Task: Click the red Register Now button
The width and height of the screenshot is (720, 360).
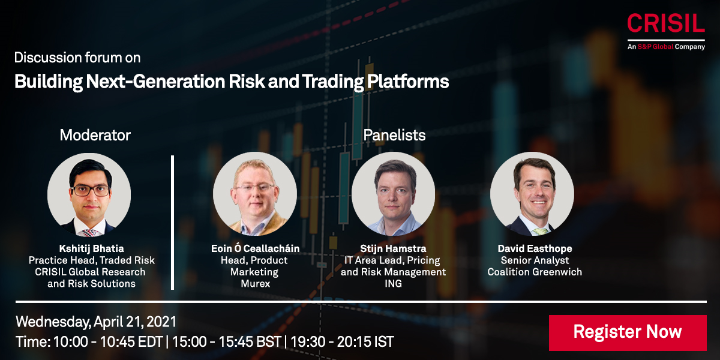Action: [x=628, y=332]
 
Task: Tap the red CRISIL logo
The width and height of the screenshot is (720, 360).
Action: [x=666, y=23]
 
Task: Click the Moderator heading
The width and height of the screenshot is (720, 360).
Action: [x=95, y=135]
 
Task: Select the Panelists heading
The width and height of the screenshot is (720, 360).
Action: [x=394, y=135]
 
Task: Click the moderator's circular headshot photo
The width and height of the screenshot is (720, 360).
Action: [x=89, y=194]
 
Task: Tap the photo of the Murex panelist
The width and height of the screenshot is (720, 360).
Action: [x=255, y=194]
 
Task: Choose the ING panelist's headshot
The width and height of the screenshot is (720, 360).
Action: [x=393, y=194]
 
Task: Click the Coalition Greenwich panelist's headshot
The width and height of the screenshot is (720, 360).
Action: [x=532, y=194]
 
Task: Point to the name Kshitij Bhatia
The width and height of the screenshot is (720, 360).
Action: [x=92, y=248]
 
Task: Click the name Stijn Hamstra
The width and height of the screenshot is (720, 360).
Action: [x=393, y=248]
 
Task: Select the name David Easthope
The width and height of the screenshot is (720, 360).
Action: [x=535, y=248]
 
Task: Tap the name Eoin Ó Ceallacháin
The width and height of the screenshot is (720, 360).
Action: [x=255, y=248]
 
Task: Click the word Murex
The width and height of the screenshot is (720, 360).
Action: [x=256, y=283]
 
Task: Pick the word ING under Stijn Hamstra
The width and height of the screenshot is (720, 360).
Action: [x=393, y=283]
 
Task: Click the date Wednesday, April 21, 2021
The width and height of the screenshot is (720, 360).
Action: [x=96, y=322]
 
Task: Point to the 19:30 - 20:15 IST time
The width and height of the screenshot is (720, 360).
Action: [x=342, y=341]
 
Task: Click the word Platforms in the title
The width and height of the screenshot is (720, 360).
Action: [x=408, y=82]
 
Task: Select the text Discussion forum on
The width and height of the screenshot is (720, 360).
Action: [x=77, y=58]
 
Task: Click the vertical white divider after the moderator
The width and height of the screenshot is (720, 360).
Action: [x=173, y=223]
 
